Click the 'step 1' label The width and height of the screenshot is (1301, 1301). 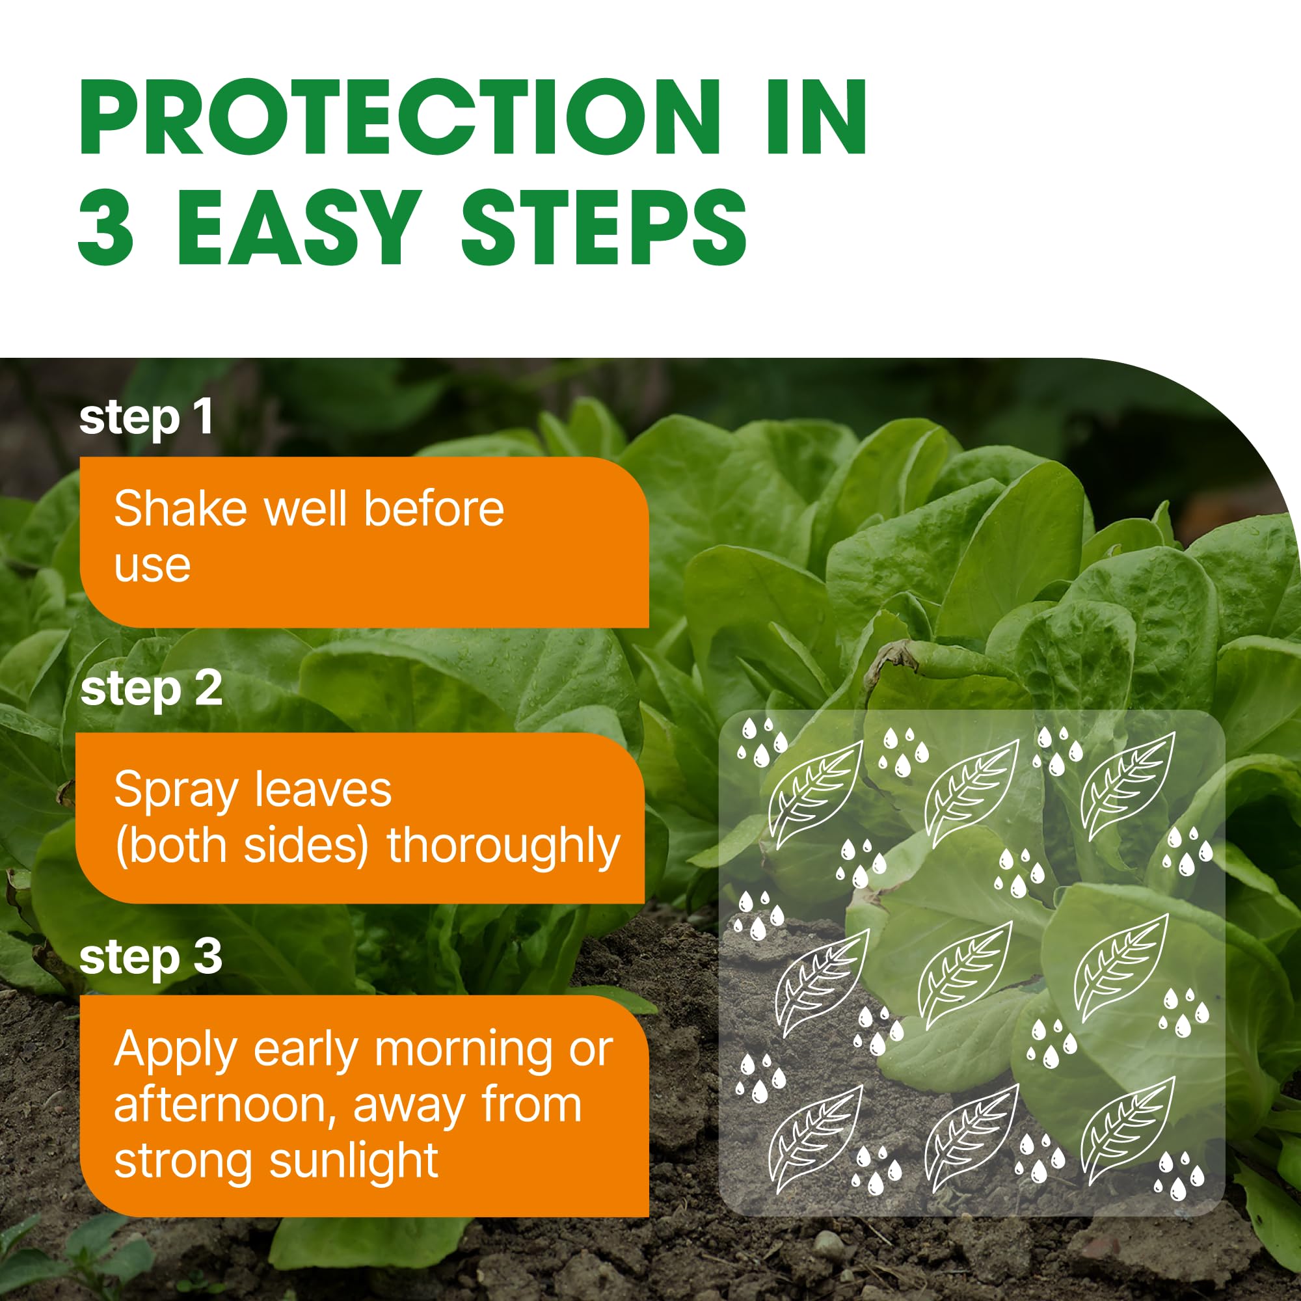(146, 418)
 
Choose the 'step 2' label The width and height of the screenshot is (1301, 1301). (152, 690)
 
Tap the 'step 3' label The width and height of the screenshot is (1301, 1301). (151, 957)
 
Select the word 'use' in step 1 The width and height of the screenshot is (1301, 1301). (152, 566)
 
